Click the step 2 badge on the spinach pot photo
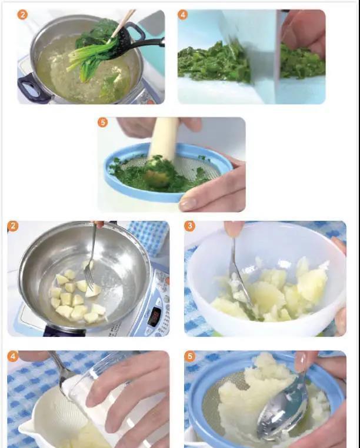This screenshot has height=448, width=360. [x=22, y=15]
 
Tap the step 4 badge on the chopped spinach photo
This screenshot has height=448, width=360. [x=183, y=15]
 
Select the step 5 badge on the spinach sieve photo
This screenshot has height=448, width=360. [x=103, y=122]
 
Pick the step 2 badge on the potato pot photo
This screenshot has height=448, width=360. [x=12, y=227]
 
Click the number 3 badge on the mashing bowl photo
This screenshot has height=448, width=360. [x=189, y=227]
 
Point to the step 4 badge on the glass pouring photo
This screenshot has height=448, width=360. [x=12, y=356]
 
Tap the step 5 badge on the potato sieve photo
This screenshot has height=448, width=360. [x=189, y=356]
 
